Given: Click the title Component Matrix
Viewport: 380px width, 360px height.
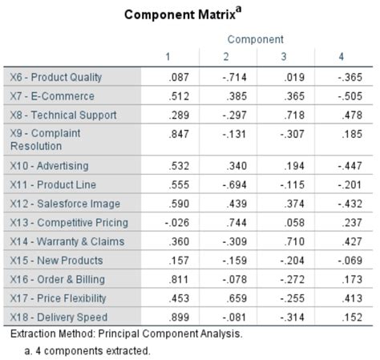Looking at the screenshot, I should (185, 15).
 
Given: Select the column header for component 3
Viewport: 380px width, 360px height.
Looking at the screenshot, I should (285, 57).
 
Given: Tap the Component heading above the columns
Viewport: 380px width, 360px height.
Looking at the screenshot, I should (255, 39).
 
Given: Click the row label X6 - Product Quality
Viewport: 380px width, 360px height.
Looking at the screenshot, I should (56, 77).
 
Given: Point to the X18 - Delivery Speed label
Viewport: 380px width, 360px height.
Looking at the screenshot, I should (58, 317).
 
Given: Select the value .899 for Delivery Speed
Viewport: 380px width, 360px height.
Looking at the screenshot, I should (179, 317).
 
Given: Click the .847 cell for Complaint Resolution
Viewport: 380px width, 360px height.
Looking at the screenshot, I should (179, 134).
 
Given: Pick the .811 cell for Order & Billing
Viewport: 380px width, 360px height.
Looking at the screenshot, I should (179, 279).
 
